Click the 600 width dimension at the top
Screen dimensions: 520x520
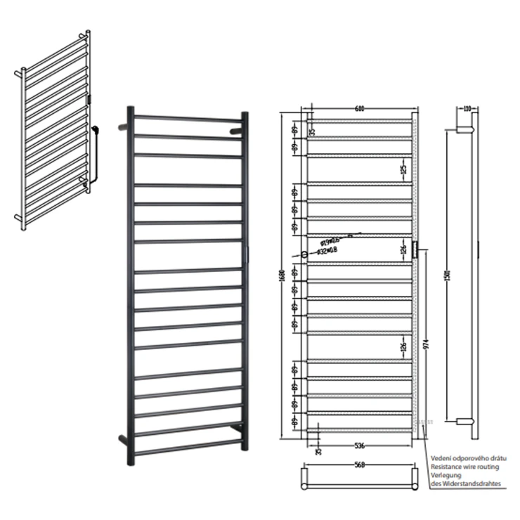point(360,109)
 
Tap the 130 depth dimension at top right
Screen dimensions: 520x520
point(467,109)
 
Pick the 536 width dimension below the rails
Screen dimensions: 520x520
point(360,444)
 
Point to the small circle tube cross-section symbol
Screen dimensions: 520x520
point(304,254)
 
